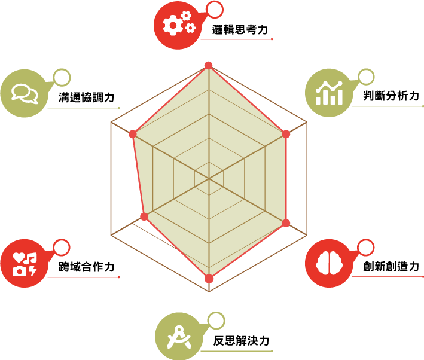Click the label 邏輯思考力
point(240,30)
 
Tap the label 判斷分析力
point(391,96)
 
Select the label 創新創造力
point(391,267)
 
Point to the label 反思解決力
point(241,341)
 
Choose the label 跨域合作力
point(87,267)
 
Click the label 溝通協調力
point(87,97)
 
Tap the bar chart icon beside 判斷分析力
point(329,93)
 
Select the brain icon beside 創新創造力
point(330,263)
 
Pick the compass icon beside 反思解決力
point(179,337)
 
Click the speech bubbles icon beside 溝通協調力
point(25,94)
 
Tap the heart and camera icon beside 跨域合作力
point(25,264)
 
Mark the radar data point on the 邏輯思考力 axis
point(209,65)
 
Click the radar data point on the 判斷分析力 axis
point(286,134)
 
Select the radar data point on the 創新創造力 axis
point(286,223)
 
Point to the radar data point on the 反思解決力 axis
point(209,279)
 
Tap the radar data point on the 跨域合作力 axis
point(144,216)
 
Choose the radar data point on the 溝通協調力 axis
point(133,134)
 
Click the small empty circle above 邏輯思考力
point(215,10)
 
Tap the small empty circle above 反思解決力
point(216,321)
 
